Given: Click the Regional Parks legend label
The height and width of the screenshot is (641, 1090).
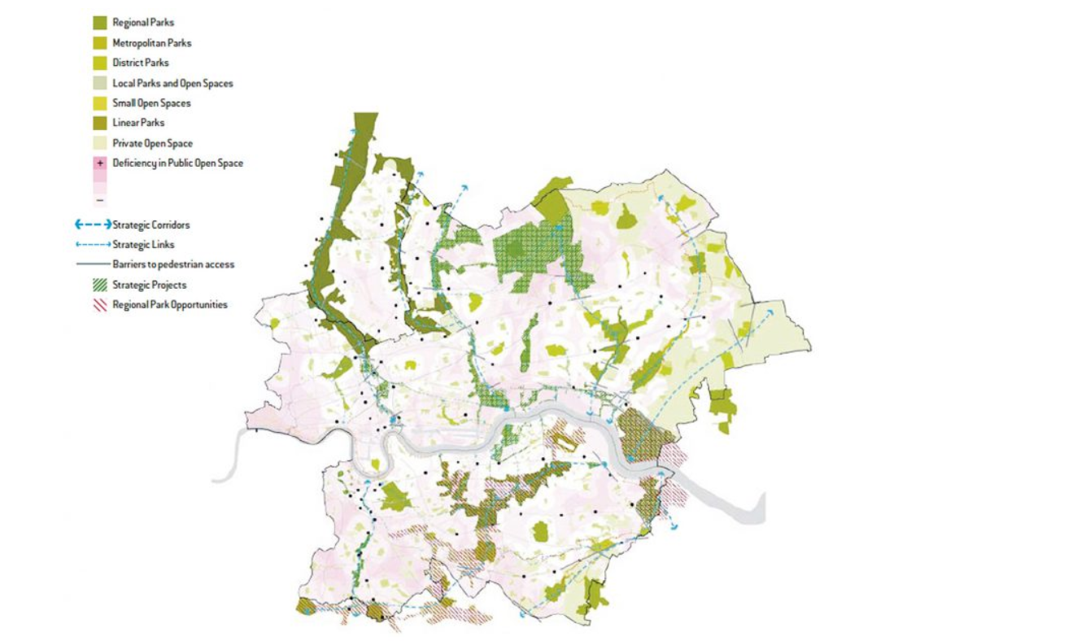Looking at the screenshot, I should click(142, 23).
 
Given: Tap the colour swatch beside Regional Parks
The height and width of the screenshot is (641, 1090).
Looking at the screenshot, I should click(100, 23).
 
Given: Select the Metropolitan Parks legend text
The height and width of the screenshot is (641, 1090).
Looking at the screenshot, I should click(151, 43).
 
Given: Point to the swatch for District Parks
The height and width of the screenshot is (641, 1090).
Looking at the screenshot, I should click(100, 63).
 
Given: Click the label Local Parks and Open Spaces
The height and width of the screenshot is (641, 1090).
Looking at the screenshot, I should click(172, 83).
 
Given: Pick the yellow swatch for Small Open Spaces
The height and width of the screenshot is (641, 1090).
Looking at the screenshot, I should click(100, 103).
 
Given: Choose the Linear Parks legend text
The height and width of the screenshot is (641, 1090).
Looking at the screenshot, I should click(138, 123).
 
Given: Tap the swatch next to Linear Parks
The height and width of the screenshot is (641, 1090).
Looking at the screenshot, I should click(100, 123).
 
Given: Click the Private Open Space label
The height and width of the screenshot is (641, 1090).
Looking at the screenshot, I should click(152, 143).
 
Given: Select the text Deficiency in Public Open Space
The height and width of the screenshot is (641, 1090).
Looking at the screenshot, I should click(177, 163).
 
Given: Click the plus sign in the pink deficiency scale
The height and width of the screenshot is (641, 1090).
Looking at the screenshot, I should click(100, 164).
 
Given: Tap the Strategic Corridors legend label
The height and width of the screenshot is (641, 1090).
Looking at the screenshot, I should click(150, 225).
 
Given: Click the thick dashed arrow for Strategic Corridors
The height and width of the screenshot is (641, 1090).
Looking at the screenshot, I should click(92, 225).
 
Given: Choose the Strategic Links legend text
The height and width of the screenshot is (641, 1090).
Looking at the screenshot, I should click(143, 244).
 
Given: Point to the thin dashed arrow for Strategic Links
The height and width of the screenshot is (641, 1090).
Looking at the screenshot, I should click(92, 244).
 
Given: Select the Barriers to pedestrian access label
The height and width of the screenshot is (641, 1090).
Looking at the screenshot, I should click(173, 264).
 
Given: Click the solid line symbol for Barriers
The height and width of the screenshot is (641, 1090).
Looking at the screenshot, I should click(92, 264).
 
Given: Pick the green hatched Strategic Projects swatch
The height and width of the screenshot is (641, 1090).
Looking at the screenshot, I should click(100, 285).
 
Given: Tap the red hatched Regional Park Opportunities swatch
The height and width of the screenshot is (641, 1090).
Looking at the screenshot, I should click(100, 305).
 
